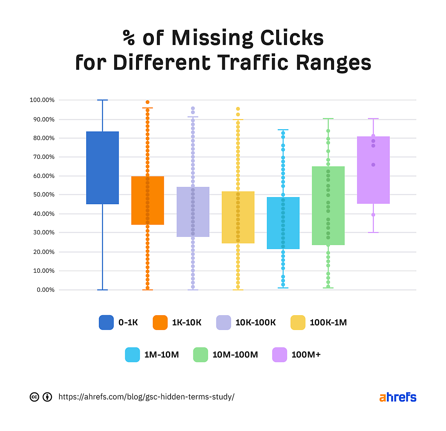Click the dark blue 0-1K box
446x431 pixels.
103,168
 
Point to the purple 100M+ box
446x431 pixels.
373,170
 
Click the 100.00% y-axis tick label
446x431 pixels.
42,100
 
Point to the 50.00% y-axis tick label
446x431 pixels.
43,195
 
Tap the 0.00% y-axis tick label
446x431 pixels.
45,290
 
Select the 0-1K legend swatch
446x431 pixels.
106,323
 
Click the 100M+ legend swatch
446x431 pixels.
279,355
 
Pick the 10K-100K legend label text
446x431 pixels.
256,323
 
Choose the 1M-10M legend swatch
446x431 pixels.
132,355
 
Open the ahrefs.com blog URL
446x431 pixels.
146,397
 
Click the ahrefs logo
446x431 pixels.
398,397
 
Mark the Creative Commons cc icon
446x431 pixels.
34,397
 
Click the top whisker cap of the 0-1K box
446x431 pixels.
103,100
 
